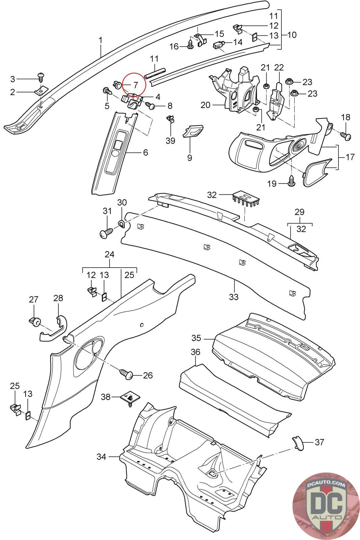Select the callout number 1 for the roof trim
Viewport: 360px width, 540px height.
point(100,40)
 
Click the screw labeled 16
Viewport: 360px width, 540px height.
point(190,45)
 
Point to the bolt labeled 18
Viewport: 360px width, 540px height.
point(346,136)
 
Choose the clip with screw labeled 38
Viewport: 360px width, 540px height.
point(130,398)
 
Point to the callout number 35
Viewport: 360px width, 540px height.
point(196,338)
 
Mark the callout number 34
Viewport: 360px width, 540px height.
point(101,457)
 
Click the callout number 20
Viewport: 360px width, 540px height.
point(205,105)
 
